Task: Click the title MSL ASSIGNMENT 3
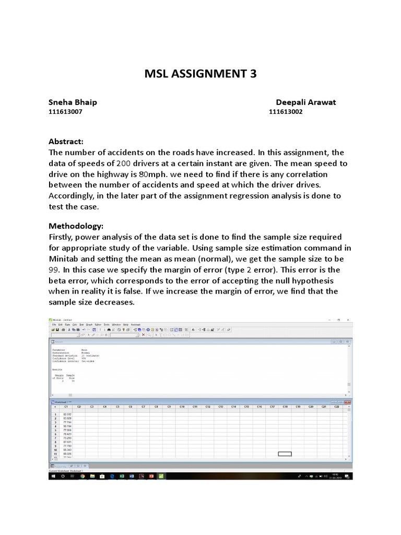200,74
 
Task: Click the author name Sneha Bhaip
73,102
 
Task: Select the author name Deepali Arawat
306,102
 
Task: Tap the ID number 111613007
65,112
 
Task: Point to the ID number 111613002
286,112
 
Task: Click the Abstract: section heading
66,142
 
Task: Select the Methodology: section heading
76,226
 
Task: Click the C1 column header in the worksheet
66,406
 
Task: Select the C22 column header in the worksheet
336,406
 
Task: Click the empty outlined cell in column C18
285,453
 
